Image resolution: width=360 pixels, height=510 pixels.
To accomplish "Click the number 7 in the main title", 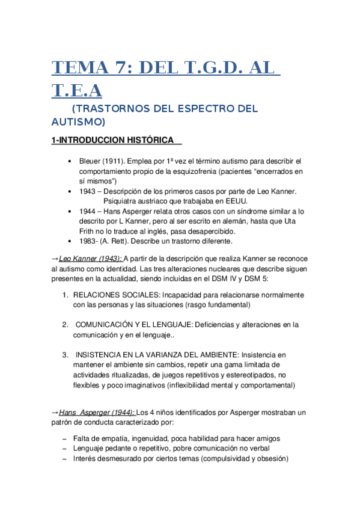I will tap(125, 67).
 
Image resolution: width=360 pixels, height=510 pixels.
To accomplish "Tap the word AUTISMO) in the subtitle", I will tap(78, 121).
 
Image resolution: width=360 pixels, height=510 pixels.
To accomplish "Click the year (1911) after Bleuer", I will tap(118, 162).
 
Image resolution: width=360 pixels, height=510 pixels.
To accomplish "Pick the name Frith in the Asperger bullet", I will tap(88, 232).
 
